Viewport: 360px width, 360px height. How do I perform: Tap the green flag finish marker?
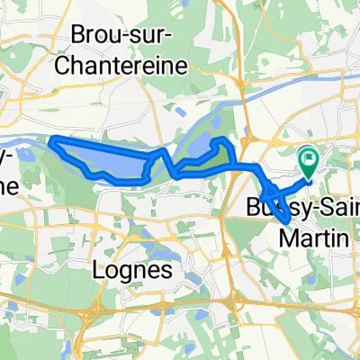(x=310, y=161)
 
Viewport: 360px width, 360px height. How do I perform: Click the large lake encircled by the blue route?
(x=108, y=160)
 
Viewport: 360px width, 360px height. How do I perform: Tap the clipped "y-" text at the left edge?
(x=7, y=155)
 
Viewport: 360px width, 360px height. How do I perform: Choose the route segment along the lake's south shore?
(x=117, y=180)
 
